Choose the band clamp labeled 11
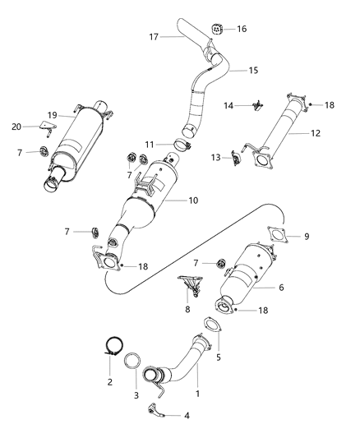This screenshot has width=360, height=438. pos(182,148)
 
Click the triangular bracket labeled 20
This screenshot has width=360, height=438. pos(47,127)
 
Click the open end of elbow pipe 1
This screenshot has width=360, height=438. pos(153,376)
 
